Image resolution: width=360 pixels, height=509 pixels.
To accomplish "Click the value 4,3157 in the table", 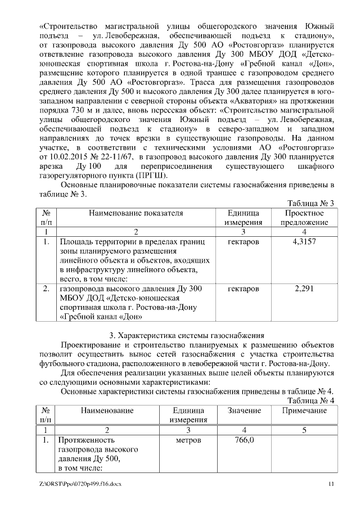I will [x=304, y=242].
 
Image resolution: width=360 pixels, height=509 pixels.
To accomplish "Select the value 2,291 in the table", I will [x=304, y=289].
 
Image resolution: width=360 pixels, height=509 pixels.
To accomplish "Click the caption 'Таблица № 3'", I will [x=310, y=203].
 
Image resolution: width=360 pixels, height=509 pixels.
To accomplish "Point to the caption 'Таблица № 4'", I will [x=310, y=400].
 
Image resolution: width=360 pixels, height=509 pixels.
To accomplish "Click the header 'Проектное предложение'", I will [x=304, y=218].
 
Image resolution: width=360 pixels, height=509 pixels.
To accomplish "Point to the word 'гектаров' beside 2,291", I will [x=244, y=289].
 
